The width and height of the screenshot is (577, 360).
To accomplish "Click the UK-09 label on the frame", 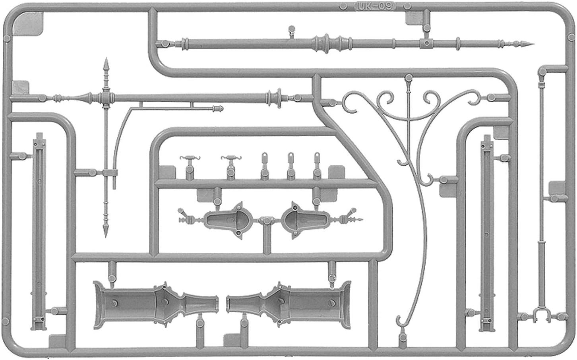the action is [x=375, y=6].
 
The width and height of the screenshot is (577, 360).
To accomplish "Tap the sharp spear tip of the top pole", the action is [x=533, y=44].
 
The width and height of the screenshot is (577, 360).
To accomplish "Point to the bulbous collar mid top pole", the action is [x=327, y=44].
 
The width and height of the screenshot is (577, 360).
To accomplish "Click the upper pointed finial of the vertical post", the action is [x=106, y=66].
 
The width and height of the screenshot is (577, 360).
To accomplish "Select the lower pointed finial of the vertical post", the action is [x=106, y=229].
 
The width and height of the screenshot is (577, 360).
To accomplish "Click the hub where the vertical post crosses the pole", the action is [x=106, y=98].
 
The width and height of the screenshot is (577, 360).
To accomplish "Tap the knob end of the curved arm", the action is [x=218, y=108].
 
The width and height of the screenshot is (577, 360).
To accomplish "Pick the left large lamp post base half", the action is [x=156, y=305].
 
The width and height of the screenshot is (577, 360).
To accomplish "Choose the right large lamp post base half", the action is [x=288, y=305].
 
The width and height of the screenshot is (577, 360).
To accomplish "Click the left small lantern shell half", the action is [x=228, y=221].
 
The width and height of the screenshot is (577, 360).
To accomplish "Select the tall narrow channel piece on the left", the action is [x=39, y=231].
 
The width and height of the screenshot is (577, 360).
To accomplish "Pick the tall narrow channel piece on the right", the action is [x=487, y=233].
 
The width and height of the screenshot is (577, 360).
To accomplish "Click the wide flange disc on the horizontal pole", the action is [x=279, y=98].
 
